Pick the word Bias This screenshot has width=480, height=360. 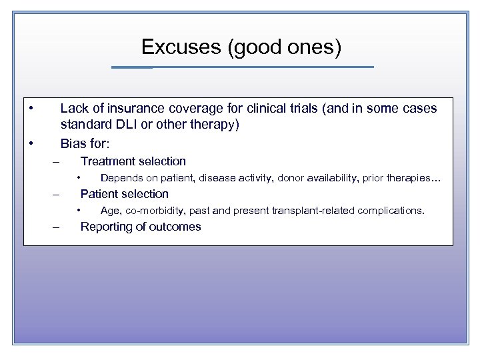[73, 143]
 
